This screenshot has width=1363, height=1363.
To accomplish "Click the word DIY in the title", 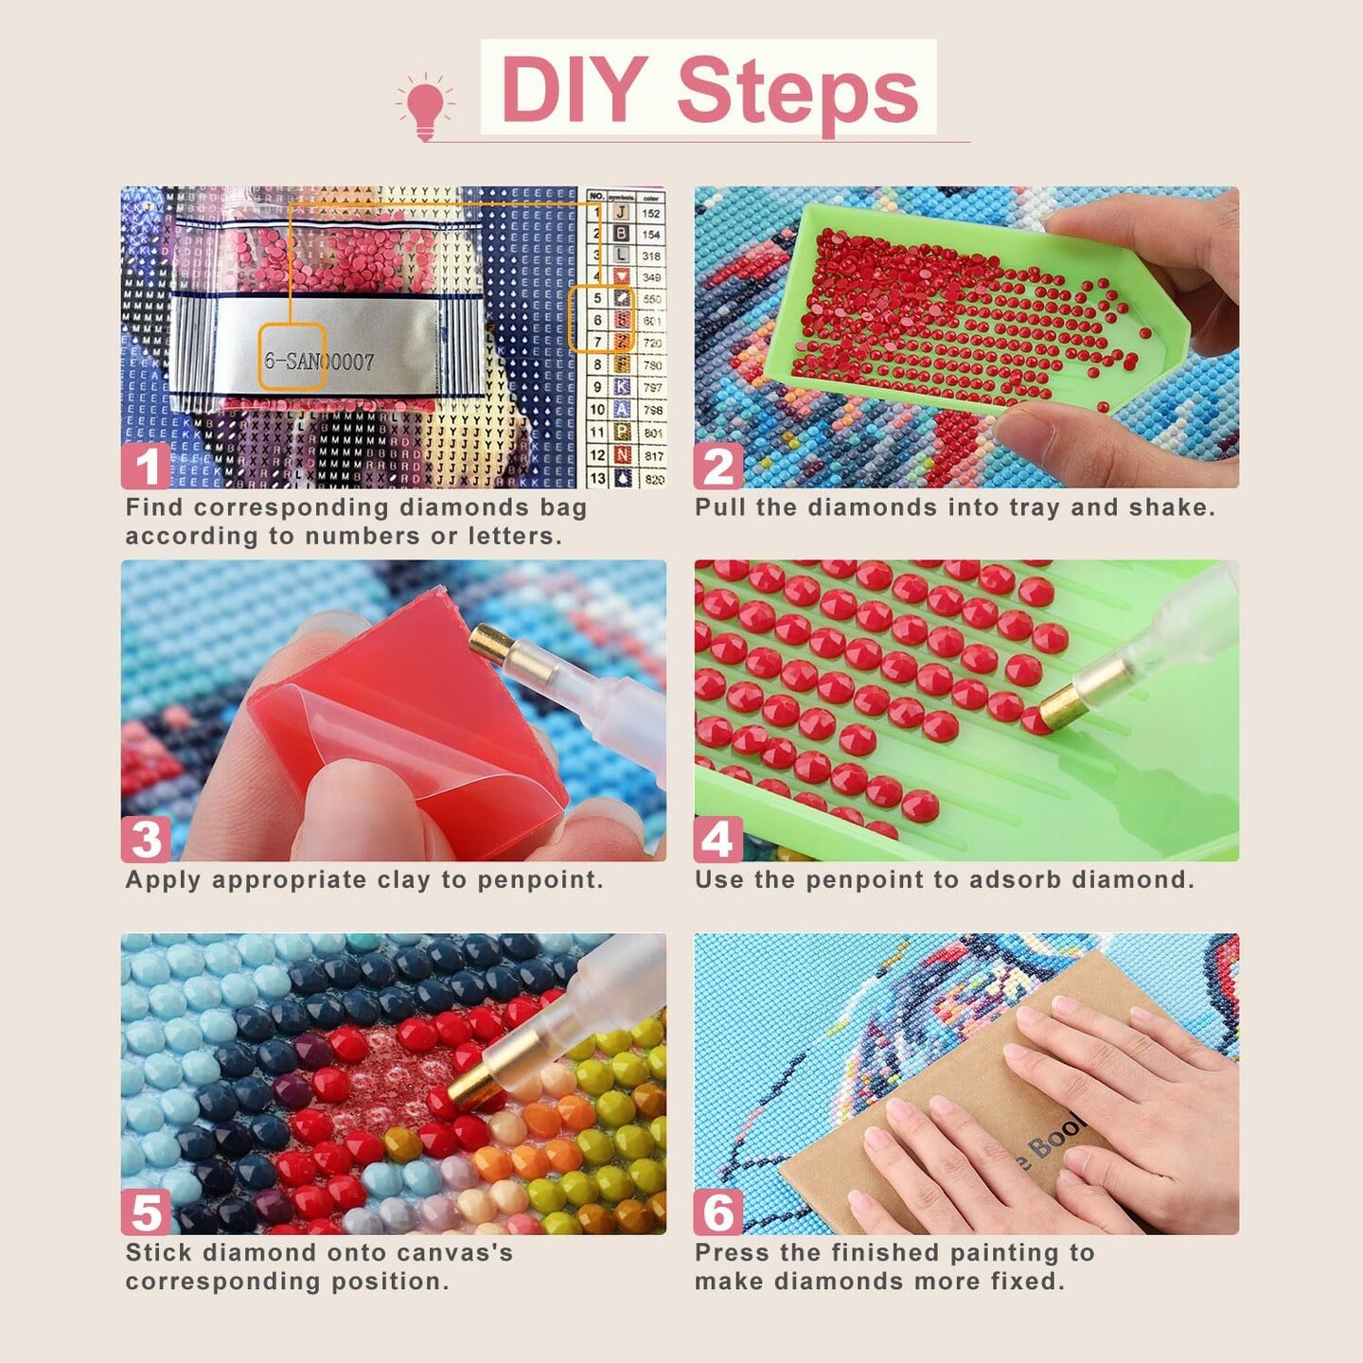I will click(x=574, y=91).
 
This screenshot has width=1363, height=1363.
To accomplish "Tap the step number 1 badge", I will click(x=146, y=467).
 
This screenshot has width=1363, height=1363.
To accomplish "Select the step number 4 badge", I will click(x=718, y=839).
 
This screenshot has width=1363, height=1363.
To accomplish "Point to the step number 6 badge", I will click(x=718, y=1213).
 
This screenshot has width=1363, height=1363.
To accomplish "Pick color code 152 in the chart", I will click(x=651, y=214).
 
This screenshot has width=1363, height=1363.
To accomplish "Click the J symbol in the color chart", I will click(x=621, y=213).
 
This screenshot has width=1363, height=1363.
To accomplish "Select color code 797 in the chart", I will click(x=652, y=388).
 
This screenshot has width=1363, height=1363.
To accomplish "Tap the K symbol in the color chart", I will click(x=621, y=387).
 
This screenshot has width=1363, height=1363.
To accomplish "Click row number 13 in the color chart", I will click(x=596, y=479).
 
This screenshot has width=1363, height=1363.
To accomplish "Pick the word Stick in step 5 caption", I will click(x=159, y=1253).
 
